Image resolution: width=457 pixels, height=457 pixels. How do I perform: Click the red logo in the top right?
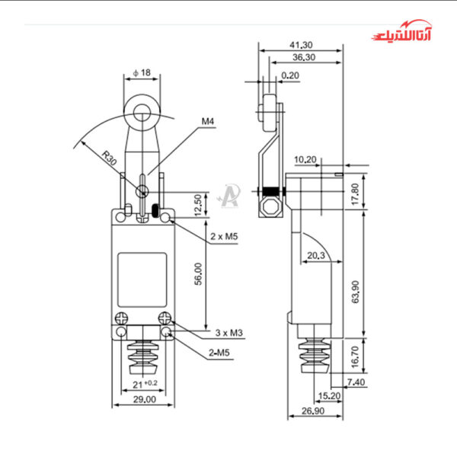pyautogui.click(x=407, y=34)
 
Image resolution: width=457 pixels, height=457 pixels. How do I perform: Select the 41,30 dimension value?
pyautogui.click(x=302, y=45)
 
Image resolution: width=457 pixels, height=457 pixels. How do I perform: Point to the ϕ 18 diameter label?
pyautogui.click(x=142, y=72)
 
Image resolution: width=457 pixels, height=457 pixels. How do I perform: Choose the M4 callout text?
pyautogui.click(x=208, y=121)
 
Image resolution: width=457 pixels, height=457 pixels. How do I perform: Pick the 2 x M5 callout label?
pyautogui.click(x=224, y=237)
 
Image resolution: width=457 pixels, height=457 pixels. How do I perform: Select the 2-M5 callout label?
pyautogui.click(x=222, y=352)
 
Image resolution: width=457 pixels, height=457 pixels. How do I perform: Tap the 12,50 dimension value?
pyautogui.click(x=198, y=203)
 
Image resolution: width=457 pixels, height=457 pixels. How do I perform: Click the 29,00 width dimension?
pyautogui.click(x=144, y=399)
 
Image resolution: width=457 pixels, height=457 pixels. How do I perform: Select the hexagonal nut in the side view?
pyautogui.click(x=268, y=207)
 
